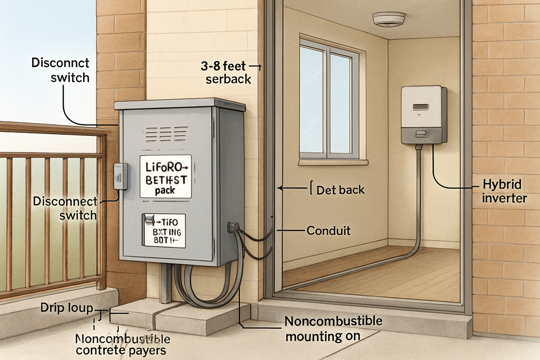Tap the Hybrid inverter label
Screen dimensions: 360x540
tap(503, 192)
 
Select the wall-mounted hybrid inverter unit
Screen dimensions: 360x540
tap(424, 115)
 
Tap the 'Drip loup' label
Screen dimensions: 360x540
tap(67, 309)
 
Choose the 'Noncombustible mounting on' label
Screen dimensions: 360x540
tap(333, 328)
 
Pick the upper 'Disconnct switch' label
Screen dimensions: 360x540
tap(60, 70)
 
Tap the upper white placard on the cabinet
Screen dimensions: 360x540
tap(165, 177)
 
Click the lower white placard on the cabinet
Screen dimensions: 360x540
tap(163, 230)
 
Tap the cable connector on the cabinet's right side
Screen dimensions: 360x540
tap(233, 226)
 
